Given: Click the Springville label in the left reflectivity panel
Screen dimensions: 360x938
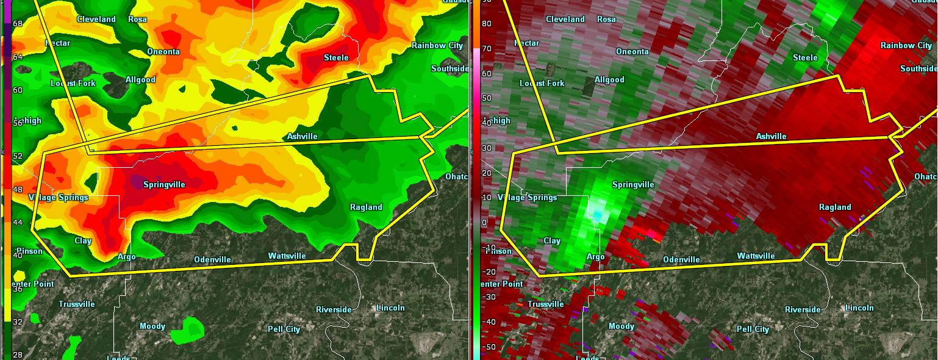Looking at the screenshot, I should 164,184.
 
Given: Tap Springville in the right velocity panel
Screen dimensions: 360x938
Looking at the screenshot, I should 633,184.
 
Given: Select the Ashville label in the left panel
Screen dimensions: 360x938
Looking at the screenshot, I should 302,136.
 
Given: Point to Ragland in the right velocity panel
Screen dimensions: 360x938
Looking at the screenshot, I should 835,207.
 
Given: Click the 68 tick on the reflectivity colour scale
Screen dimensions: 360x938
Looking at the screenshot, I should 17,24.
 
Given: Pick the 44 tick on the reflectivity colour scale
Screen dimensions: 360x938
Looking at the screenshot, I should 17,222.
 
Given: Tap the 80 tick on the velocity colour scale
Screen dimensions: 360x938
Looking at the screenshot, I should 487,24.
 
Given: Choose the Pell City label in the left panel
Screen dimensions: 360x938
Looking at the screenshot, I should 284,329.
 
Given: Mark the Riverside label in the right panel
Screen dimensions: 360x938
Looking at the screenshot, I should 803,309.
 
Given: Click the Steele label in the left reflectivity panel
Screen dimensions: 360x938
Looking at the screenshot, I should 336,57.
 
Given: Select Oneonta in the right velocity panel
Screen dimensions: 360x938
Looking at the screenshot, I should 632,51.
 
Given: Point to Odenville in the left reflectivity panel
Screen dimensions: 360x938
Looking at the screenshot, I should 212,259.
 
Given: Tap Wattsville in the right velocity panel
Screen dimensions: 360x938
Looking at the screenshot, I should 756,256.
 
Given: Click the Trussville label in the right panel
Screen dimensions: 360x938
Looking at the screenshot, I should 545,304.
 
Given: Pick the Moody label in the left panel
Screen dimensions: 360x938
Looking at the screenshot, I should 152,326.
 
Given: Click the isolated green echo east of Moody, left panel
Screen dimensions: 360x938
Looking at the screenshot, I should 188,330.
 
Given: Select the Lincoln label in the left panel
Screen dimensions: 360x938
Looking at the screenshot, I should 390,308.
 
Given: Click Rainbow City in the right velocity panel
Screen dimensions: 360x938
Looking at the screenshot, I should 906,45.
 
